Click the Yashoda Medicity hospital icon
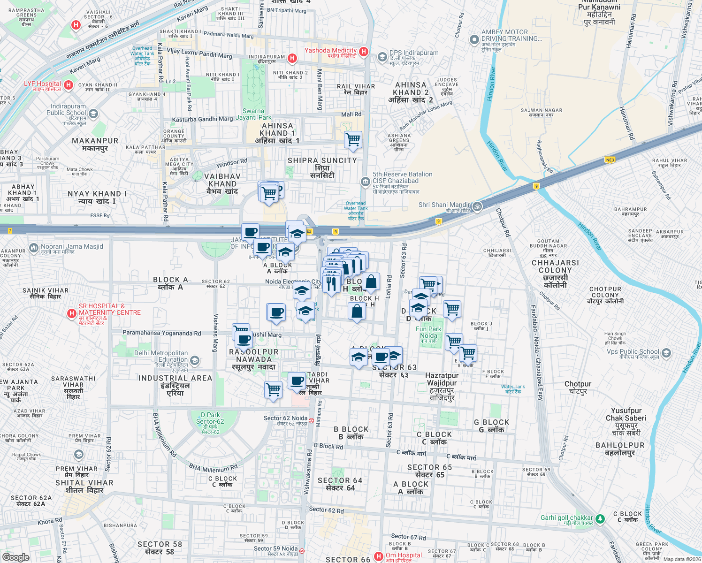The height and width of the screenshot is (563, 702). pyautogui.click(x=364, y=52)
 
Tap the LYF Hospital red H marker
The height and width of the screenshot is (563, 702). pyautogui.click(x=69, y=85)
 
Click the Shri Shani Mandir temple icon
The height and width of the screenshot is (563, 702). pyautogui.click(x=477, y=206)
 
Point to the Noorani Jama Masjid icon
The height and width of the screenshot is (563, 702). pyautogui.click(x=33, y=248)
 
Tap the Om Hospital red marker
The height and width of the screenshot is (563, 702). pyautogui.click(x=378, y=556)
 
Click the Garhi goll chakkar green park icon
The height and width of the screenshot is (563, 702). pyautogui.click(x=600, y=518)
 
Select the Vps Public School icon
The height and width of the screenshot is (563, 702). pyautogui.click(x=666, y=353)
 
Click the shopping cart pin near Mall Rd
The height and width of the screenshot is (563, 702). pyautogui.click(x=353, y=140)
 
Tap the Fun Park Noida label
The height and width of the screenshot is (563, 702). pyautogui.click(x=428, y=332)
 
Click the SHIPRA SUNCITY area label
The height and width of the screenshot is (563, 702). pyautogui.click(x=322, y=160)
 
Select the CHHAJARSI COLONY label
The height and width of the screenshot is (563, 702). pyautogui.click(x=555, y=266)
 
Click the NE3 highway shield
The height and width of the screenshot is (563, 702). pyautogui.click(x=610, y=160)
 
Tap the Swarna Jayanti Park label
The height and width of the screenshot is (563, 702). pyautogui.click(x=254, y=114)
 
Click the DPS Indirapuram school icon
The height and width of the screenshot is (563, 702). pyautogui.click(x=382, y=57)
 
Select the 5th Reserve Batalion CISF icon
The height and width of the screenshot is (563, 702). pyautogui.click(x=365, y=182)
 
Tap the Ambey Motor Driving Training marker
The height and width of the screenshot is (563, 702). pyautogui.click(x=474, y=40)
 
